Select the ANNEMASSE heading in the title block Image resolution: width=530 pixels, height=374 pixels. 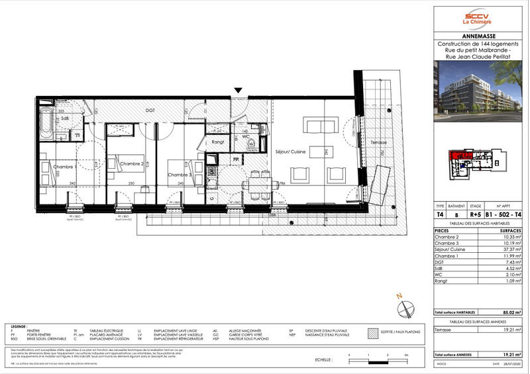pyautogui.click(x=477, y=37)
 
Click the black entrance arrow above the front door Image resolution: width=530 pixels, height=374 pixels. pyautogui.click(x=238, y=91)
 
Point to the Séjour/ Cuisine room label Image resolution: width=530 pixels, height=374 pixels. pyautogui.click(x=290, y=152)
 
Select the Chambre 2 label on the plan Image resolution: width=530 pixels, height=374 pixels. pyautogui.click(x=132, y=164)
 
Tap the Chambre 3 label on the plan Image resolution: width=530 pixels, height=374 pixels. pyautogui.click(x=180, y=175)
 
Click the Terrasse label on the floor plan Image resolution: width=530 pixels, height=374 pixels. pyautogui.click(x=378, y=143)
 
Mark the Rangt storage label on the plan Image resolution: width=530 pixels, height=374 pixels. pyautogui.click(x=218, y=142)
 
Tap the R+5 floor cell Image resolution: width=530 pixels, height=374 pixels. pyautogui.click(x=476, y=214)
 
